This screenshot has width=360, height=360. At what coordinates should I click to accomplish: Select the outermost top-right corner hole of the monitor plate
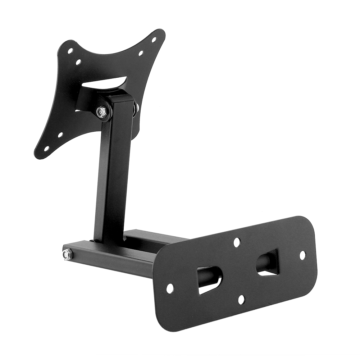coord(154,40)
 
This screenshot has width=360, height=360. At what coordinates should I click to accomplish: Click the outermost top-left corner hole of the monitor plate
coord(70,51)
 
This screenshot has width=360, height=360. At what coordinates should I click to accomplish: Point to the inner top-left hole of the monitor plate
coord(78,62)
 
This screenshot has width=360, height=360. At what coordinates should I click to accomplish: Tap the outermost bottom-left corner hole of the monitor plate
coord(46,148)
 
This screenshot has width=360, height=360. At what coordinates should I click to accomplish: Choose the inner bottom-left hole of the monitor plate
coord(60,135)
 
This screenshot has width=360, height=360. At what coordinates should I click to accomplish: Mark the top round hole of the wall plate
coord(237,242)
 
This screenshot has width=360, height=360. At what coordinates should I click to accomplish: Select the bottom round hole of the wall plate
coord(241,299)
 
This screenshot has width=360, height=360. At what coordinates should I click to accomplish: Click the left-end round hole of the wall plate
coord(170,288)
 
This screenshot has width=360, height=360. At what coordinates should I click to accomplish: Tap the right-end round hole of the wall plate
coord(302,255)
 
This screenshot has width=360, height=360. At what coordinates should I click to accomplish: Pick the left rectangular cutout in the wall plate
coord(209,280)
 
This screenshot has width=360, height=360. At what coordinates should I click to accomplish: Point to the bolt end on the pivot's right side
coord(137,107)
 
